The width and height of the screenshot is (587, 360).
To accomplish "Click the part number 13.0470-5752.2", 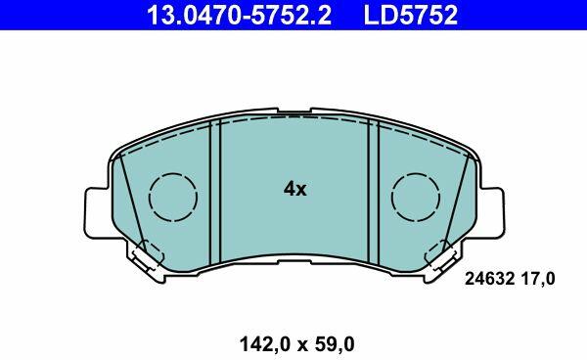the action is (240, 15).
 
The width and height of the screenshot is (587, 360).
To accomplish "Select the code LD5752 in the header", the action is (410, 15).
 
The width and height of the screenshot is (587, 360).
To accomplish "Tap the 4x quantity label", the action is (295, 189).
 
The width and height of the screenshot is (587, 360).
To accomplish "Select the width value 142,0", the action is (265, 344).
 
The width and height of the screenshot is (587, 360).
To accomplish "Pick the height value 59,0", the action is (336, 344).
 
